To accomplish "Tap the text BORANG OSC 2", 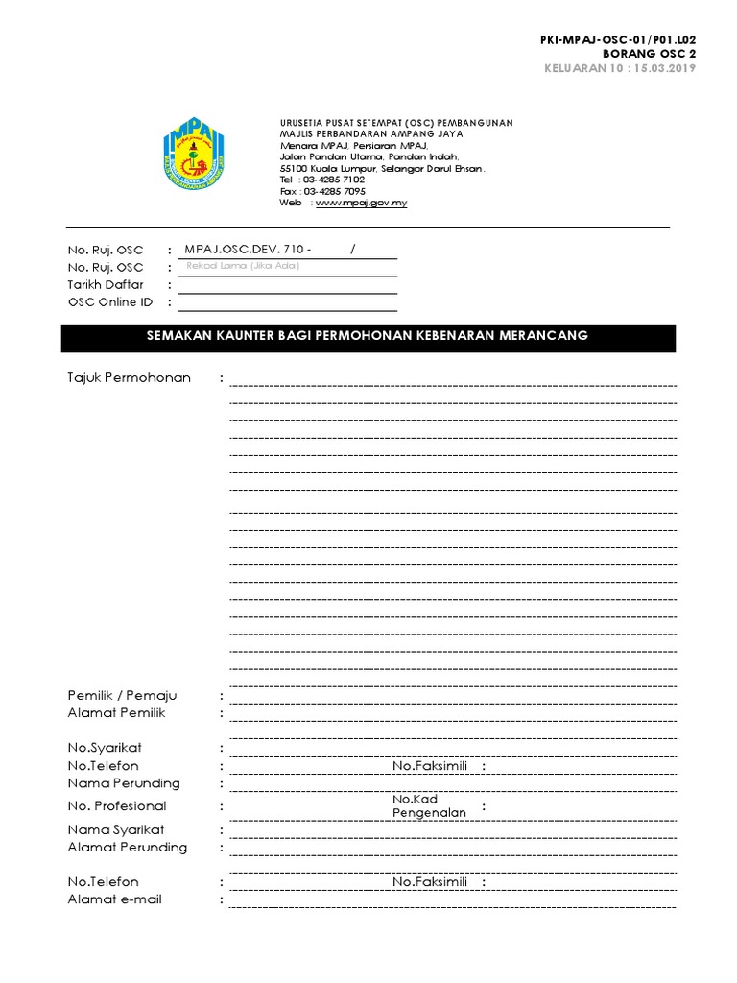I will (656, 54).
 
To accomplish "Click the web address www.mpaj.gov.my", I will (361, 204).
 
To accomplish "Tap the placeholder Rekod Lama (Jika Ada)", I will (243, 266).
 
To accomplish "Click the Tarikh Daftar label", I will (106, 285).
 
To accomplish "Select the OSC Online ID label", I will (109, 302).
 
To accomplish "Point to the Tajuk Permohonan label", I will (129, 378).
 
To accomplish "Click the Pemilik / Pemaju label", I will (122, 696).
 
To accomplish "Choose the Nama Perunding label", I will (124, 783).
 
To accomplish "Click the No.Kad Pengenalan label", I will (429, 806).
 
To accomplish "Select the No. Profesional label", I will (117, 806).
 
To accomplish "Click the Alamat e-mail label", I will (114, 899).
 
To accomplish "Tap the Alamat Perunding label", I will (128, 848).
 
